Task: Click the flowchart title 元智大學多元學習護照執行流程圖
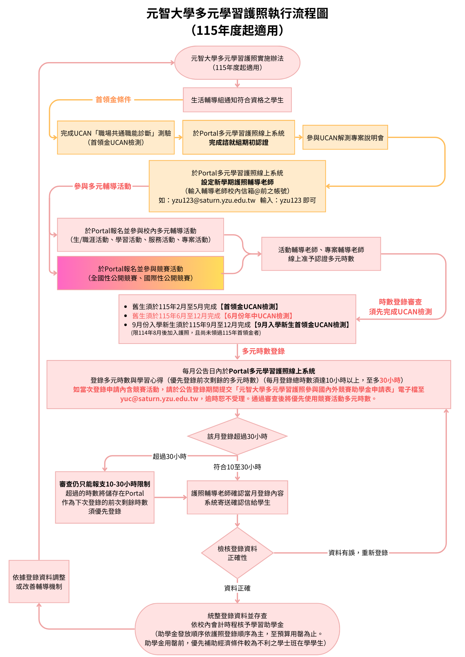click(x=237, y=14)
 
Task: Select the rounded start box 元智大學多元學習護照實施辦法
click(x=237, y=63)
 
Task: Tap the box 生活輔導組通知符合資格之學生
click(x=237, y=100)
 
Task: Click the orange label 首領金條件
click(x=113, y=100)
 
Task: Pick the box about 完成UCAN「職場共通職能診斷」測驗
click(x=116, y=138)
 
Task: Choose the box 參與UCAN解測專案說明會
click(x=345, y=138)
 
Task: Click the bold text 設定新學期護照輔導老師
click(x=237, y=182)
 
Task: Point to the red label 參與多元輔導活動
click(x=103, y=186)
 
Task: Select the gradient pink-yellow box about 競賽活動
click(x=140, y=273)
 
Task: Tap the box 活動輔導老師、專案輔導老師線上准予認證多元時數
click(x=321, y=254)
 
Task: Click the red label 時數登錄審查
click(x=400, y=302)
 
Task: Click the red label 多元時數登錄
click(x=263, y=351)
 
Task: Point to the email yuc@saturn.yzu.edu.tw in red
click(x=159, y=399)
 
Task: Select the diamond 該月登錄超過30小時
click(x=237, y=436)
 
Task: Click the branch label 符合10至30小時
click(x=237, y=467)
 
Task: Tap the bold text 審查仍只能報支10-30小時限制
click(x=105, y=484)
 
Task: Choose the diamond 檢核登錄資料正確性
click(x=237, y=553)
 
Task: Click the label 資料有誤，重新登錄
click(x=358, y=553)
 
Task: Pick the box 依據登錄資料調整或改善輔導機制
click(x=39, y=582)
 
